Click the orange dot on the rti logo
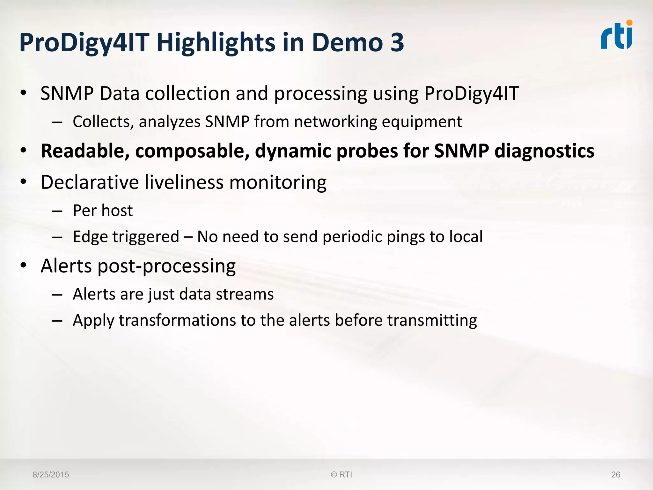pyautogui.click(x=629, y=23)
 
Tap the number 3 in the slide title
pyautogui.click(x=397, y=42)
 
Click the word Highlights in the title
pyautogui.click(x=216, y=43)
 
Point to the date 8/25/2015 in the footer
pyautogui.click(x=51, y=475)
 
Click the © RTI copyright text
pyautogui.click(x=341, y=475)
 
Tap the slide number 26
pyautogui.click(x=615, y=475)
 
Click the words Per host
pyautogui.click(x=103, y=211)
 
